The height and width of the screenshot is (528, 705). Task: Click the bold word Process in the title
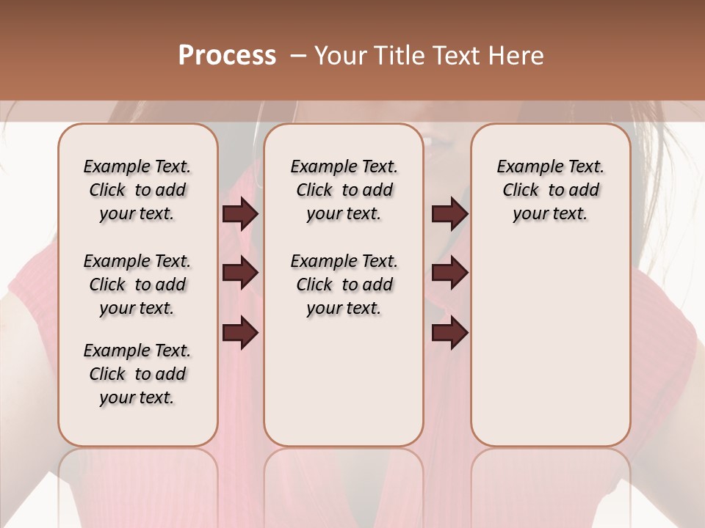pyautogui.click(x=227, y=56)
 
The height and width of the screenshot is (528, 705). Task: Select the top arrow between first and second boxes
pyautogui.click(x=240, y=214)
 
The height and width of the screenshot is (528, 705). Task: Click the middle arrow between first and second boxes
pyautogui.click(x=240, y=274)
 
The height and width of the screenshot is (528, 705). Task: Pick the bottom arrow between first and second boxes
pyautogui.click(x=240, y=333)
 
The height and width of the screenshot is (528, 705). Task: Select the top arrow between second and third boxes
pyautogui.click(x=449, y=214)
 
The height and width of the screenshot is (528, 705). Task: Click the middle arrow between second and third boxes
pyautogui.click(x=449, y=274)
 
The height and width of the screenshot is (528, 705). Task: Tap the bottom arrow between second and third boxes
pyautogui.click(x=449, y=333)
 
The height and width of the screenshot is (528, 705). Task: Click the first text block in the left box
pyautogui.click(x=137, y=190)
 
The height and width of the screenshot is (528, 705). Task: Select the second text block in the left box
pyautogui.click(x=137, y=285)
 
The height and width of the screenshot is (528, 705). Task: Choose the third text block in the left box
pyautogui.click(x=137, y=374)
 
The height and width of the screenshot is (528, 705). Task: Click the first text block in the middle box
pyautogui.click(x=344, y=190)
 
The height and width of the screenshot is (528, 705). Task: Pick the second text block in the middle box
pyautogui.click(x=344, y=285)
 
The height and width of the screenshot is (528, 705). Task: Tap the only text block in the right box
pyautogui.click(x=550, y=190)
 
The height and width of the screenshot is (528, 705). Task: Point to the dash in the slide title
pyautogui.click(x=297, y=56)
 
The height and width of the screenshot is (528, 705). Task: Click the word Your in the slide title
pyautogui.click(x=340, y=56)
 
